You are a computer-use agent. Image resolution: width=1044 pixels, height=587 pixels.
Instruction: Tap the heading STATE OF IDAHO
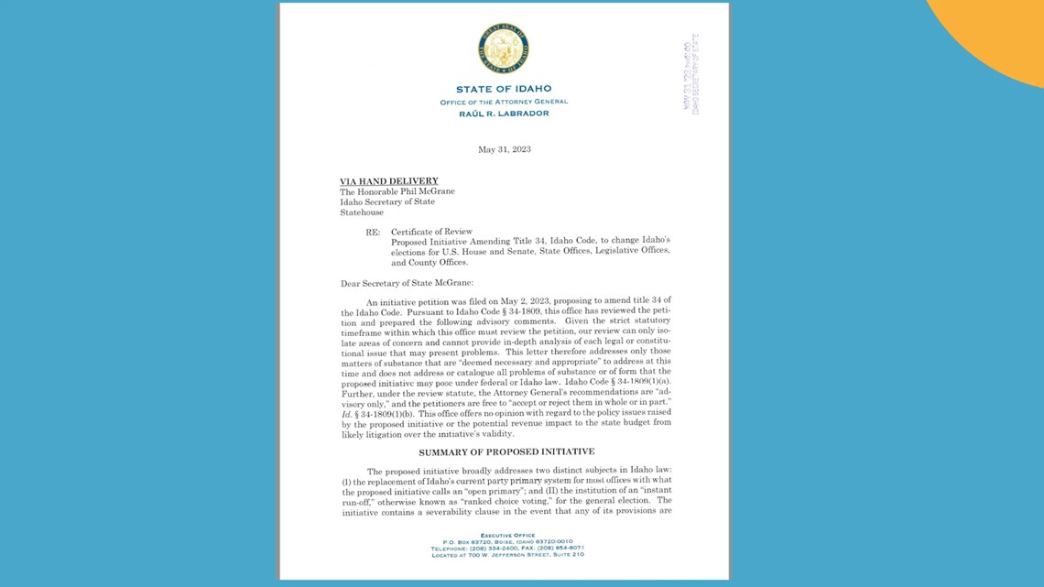pos(504,89)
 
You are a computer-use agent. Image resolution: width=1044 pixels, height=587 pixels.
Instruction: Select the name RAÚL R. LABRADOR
pos(504,114)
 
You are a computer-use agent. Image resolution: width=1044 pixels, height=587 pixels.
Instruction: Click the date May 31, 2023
pos(505,149)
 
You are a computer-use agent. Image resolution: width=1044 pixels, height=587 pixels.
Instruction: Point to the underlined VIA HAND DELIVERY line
pos(389,181)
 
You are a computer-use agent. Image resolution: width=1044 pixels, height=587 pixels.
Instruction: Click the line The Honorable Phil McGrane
pos(397,191)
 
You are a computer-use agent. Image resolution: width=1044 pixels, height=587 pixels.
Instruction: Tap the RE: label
pos(373,232)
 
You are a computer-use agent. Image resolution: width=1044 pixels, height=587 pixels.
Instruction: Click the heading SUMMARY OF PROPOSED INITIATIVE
pos(506,451)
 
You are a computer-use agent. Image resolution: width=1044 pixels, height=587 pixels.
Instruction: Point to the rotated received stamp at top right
pos(691,74)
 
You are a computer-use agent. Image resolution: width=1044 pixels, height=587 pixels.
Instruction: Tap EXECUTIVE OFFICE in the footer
pos(506,535)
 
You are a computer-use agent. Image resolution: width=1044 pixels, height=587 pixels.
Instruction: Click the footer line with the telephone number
pos(506,548)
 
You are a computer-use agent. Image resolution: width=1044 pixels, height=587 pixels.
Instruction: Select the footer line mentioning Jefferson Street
pos(506,554)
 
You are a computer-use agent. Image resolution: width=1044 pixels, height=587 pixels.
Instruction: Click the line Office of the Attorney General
pos(504,102)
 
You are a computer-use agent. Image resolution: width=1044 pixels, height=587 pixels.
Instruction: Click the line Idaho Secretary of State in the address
pos(387,201)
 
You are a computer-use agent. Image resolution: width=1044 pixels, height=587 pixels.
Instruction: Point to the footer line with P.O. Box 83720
pos(506,541)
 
